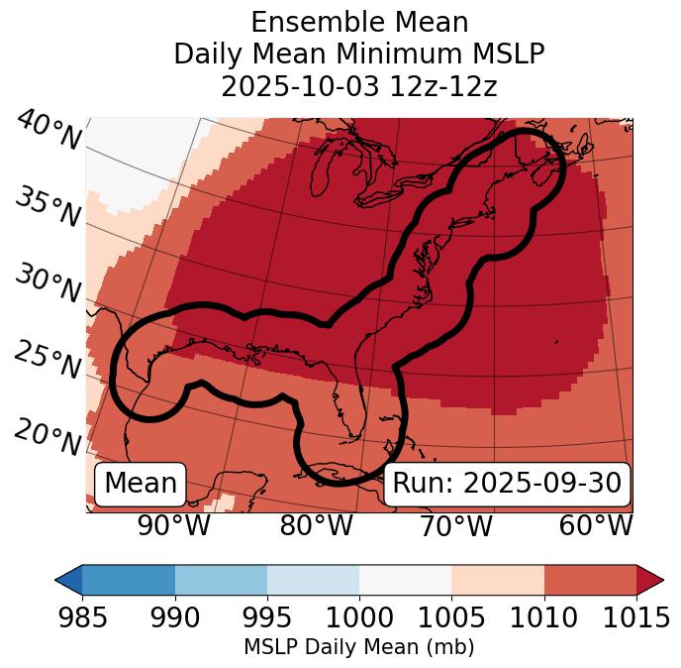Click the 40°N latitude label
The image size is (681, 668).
[x=48, y=130]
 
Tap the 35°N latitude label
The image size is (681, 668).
[x=48, y=207]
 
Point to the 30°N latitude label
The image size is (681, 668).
[x=48, y=284]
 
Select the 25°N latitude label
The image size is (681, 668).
[x=48, y=361]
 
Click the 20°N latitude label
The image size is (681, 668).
[x=48, y=437]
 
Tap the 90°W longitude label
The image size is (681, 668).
[x=173, y=525]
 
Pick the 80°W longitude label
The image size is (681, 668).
[x=316, y=525]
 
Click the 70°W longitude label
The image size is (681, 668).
[x=456, y=525]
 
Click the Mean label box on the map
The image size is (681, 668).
[x=141, y=484]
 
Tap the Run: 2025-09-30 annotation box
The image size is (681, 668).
[x=507, y=484]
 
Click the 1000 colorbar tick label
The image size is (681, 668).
[x=359, y=617]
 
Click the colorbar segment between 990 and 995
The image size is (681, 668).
[x=221, y=579]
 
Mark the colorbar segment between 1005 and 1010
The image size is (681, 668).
[x=498, y=579]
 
